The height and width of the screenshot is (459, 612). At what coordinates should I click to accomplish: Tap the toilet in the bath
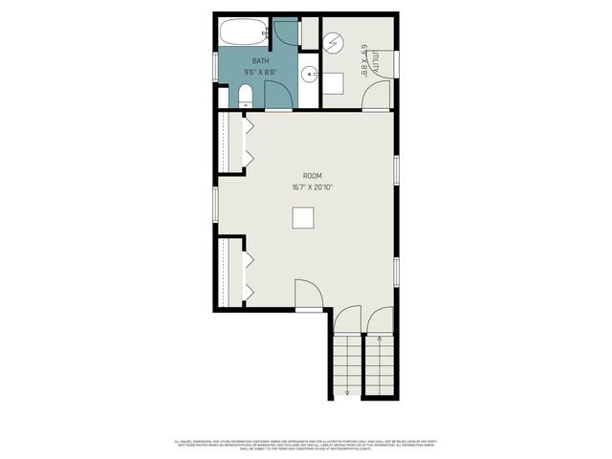tap(246, 94)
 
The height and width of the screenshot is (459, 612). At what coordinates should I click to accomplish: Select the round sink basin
tap(310, 74)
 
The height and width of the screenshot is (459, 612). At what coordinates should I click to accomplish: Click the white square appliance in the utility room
tap(332, 83)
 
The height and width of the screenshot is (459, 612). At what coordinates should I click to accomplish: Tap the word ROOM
tap(312, 176)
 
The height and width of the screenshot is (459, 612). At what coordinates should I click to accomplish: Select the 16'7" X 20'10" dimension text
tap(312, 187)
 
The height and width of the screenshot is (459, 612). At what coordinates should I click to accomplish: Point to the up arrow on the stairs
tap(381, 338)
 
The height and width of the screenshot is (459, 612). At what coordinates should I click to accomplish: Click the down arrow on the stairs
tap(347, 392)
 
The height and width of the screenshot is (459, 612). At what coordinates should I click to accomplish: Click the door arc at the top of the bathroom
tap(285, 33)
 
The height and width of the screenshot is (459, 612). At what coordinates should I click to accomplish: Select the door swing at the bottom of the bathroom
tap(276, 96)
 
